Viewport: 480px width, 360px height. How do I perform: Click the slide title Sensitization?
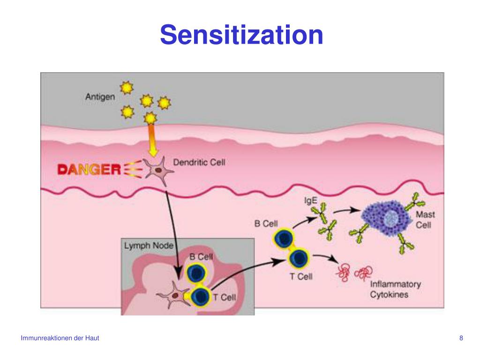[241, 35]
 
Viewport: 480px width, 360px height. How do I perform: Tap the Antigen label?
[99, 97]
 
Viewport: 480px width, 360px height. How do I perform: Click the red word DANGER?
[89, 169]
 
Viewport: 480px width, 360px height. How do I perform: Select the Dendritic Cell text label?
[199, 163]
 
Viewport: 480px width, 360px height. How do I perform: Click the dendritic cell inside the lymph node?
[174, 295]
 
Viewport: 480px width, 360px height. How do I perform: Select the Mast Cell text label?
[425, 220]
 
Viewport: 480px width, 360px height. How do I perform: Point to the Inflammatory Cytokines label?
[395, 289]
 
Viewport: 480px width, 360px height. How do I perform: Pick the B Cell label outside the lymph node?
[266, 224]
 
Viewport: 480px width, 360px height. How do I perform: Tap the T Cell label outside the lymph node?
[300, 276]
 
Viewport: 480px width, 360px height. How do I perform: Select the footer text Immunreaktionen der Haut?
[60, 338]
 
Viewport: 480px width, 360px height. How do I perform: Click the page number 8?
[461, 338]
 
